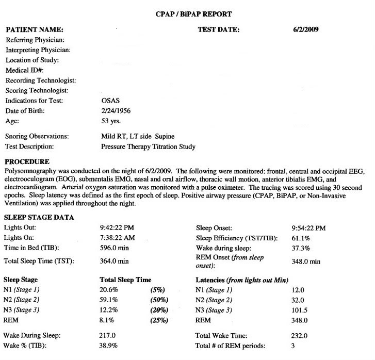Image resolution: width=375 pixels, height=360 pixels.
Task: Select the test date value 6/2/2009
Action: [x=305, y=29]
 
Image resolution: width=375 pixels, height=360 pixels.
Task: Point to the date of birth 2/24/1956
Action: [x=117, y=111]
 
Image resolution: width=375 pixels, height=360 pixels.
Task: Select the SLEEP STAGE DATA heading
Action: [x=37, y=218]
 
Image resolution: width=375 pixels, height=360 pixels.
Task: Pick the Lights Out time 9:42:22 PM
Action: [x=116, y=227]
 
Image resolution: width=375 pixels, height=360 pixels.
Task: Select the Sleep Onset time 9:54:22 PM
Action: [x=309, y=227]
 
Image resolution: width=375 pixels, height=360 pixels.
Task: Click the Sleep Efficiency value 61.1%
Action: [x=301, y=238]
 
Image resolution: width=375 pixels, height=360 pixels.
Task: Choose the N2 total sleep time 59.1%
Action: [x=108, y=300]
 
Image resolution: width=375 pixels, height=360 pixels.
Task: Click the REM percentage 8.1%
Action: [x=107, y=320]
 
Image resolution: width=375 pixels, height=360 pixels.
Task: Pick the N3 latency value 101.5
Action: [x=300, y=310]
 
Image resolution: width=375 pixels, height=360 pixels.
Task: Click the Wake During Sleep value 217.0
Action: [x=108, y=336]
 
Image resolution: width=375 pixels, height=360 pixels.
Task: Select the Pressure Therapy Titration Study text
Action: [x=148, y=146]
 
